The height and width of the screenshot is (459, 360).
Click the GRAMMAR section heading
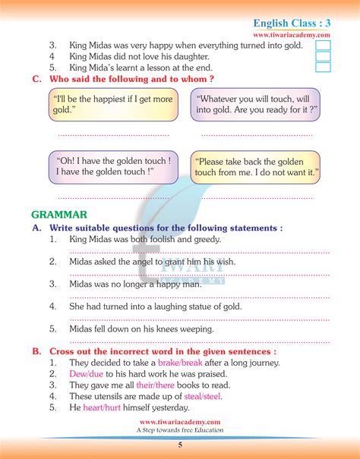(x=60, y=215)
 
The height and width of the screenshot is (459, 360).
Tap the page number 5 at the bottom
(x=180, y=445)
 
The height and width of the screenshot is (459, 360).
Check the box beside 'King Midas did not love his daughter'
(x=322, y=56)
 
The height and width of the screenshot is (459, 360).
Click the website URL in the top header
(x=292, y=35)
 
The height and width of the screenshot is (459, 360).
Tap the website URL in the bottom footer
(x=180, y=422)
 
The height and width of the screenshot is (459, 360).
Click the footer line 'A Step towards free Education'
(x=180, y=430)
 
